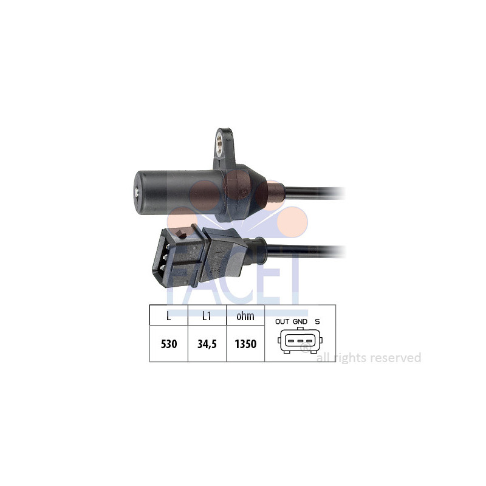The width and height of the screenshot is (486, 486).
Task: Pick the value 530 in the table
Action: [168, 344]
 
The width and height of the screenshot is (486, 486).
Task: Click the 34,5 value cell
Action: [207, 344]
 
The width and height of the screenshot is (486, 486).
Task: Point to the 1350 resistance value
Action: [245, 344]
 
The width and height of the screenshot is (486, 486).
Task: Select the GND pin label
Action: [300, 321]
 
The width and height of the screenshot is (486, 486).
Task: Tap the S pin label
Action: [317, 321]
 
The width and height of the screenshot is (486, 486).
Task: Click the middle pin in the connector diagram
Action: [300, 341]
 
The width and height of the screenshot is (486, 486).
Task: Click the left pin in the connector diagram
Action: [290, 341]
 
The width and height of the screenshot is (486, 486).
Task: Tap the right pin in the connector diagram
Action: [310, 341]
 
